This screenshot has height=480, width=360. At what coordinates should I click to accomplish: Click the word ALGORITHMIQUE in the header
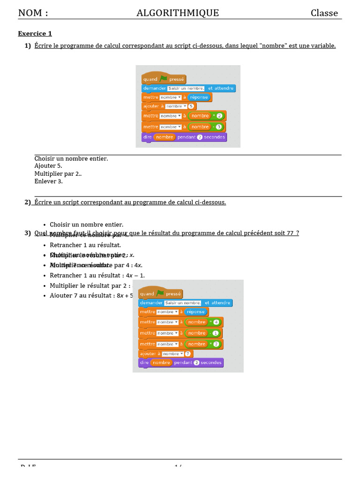pyautogui.click(x=178, y=13)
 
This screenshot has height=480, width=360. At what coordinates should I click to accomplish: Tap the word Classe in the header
pyautogui.click(x=324, y=13)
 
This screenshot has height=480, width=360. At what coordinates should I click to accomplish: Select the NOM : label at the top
pyautogui.click(x=33, y=13)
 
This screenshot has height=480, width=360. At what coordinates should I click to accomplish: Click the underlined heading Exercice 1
pyautogui.click(x=35, y=34)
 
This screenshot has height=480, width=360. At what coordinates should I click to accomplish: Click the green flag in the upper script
pyautogui.click(x=163, y=79)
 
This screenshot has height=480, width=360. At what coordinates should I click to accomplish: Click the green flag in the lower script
pyautogui.click(x=160, y=293)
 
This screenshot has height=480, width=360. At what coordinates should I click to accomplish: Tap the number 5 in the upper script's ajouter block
pyautogui.click(x=191, y=106)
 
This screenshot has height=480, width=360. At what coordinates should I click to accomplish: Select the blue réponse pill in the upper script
pyautogui.click(x=199, y=97)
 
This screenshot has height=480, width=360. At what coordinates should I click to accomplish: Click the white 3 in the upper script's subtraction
pyautogui.click(x=218, y=127)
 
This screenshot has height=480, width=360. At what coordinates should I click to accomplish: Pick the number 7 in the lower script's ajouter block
pyautogui.click(x=187, y=354)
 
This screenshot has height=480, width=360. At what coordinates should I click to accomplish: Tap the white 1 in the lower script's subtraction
pyautogui.click(x=216, y=333)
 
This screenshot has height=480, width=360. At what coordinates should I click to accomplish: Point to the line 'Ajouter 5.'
pyautogui.click(x=48, y=166)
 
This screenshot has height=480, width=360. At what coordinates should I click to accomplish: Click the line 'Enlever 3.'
pyautogui.click(x=48, y=181)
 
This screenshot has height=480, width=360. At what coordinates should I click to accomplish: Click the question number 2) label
pyautogui.click(x=28, y=202)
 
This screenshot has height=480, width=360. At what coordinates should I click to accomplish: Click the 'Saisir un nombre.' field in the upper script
pyautogui.click(x=186, y=88)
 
